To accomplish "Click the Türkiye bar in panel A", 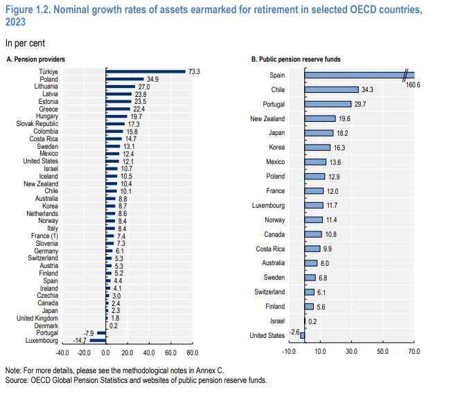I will tap(145, 71).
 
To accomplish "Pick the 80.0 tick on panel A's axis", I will tap(192, 352).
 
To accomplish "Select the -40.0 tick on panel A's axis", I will tap(62, 352).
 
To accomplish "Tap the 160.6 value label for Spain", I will tap(414, 83).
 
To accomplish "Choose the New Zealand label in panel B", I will tap(267, 118).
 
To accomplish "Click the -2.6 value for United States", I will tap(294, 333).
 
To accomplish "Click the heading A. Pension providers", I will tap(34, 60).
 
